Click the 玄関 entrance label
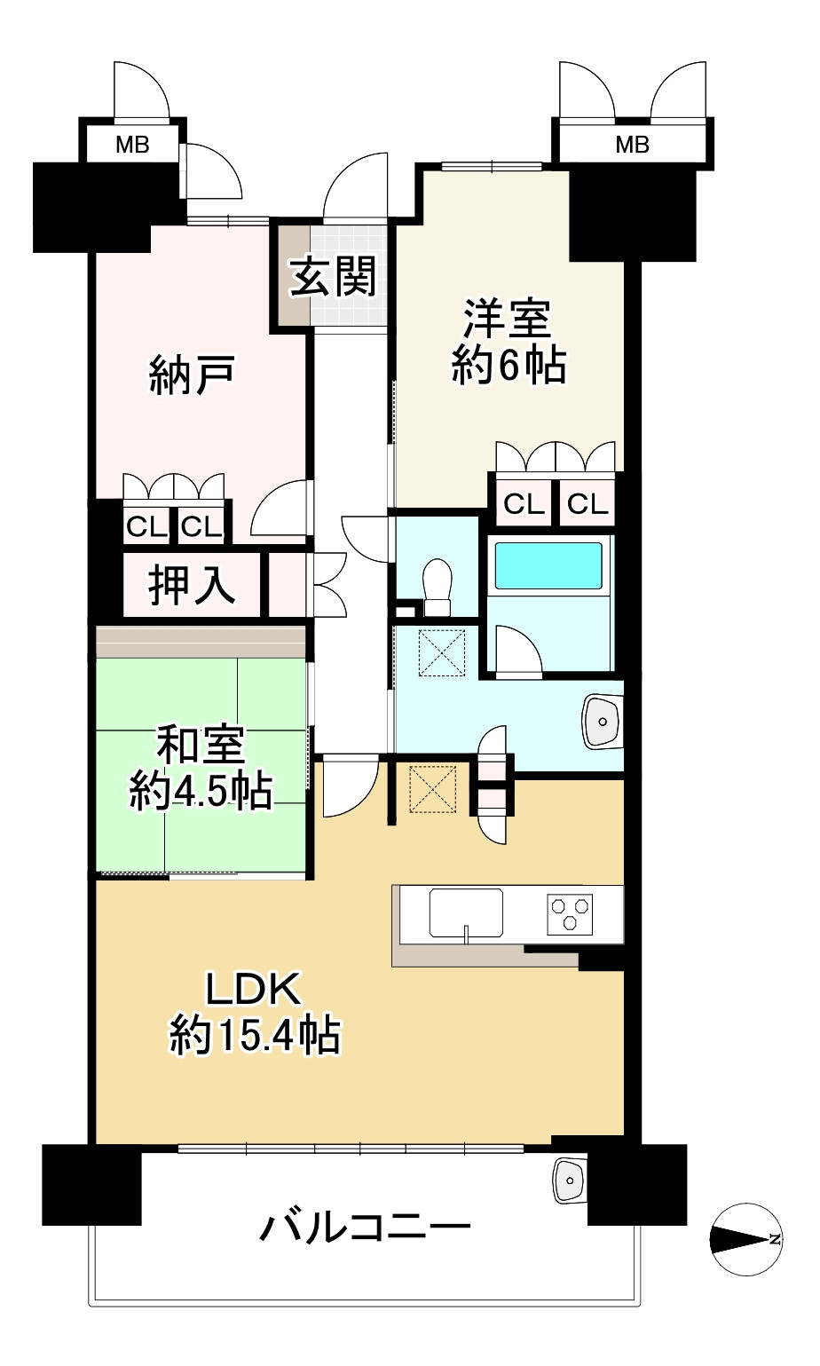coord(332,278)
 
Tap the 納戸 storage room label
coord(192,375)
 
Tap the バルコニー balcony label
coord(366,1227)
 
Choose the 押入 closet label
coord(192,586)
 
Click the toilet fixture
coord(438,587)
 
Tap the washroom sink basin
coord(603,722)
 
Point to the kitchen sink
coord(466,913)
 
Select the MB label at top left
coord(132,146)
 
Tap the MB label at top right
coord(632,146)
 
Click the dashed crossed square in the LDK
coord(433,789)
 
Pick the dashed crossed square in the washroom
coord(441,652)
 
